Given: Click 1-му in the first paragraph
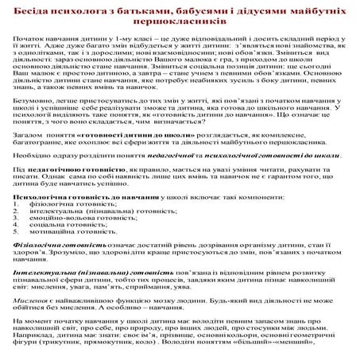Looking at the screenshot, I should click(129, 39).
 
